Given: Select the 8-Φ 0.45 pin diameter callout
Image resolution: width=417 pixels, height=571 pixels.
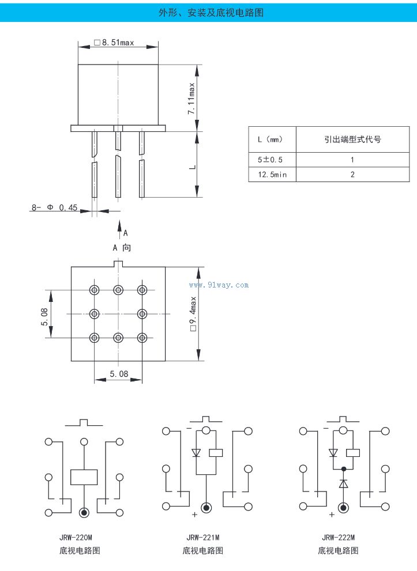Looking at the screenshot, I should [x=54, y=207].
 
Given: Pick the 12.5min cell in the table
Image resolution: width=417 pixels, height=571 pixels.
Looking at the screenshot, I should [x=272, y=175].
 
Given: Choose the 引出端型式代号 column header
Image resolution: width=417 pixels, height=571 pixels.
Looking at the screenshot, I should [x=352, y=139].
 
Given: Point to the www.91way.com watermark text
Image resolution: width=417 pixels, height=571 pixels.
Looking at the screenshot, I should [x=219, y=285].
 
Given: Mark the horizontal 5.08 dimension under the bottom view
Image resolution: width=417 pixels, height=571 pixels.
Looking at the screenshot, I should [x=118, y=374].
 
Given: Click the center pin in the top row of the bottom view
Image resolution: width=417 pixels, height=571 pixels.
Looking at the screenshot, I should [x=118, y=289].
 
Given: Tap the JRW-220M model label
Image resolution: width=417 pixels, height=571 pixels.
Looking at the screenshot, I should [x=76, y=537].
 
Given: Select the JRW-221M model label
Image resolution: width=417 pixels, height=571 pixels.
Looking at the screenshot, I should [x=203, y=537].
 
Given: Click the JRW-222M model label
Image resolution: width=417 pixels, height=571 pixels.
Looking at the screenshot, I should [x=338, y=537].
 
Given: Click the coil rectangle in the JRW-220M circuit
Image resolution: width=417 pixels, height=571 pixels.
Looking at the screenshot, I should [x=84, y=477].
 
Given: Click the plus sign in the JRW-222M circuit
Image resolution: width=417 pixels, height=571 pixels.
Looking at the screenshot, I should [x=331, y=515].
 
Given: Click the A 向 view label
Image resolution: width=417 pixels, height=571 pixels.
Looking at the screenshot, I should [x=122, y=248].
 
